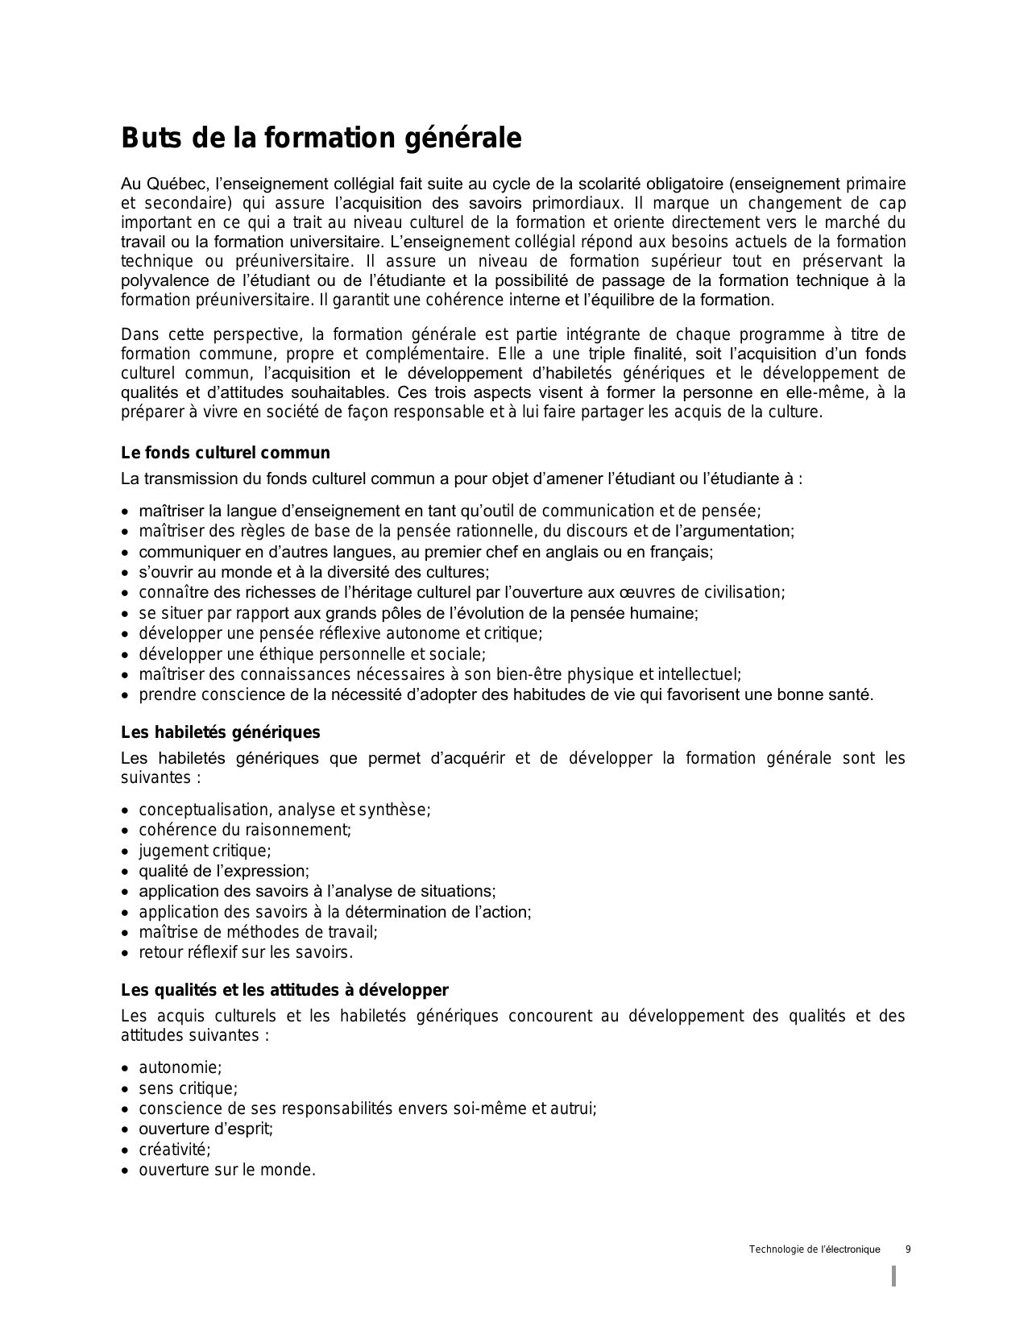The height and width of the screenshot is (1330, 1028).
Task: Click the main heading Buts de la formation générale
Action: click(321, 139)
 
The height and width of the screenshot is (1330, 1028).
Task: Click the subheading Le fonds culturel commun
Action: click(225, 453)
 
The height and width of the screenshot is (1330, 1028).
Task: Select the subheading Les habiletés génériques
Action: click(220, 732)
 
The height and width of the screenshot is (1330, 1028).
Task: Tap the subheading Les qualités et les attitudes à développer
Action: click(284, 990)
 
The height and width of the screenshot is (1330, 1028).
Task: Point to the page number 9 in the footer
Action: click(908, 1249)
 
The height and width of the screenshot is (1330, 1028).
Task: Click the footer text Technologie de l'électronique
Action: click(814, 1249)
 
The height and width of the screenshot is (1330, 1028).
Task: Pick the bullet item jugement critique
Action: click(205, 851)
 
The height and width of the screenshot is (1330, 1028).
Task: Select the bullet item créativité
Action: click(174, 1150)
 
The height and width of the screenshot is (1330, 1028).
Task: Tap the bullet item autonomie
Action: click(180, 1067)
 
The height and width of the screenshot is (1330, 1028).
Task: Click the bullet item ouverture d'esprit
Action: click(205, 1129)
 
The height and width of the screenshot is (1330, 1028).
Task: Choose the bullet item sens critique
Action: click(188, 1088)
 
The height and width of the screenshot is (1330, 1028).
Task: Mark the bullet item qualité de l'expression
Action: click(224, 871)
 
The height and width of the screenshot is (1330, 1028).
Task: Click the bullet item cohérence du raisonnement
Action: click(245, 830)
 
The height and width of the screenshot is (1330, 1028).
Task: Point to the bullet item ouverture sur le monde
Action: click(226, 1170)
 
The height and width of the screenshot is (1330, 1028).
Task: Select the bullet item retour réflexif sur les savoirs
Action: click(246, 952)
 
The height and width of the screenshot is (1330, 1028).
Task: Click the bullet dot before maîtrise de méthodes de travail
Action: click(125, 933)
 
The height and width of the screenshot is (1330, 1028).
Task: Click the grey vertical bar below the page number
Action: click(893, 1276)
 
